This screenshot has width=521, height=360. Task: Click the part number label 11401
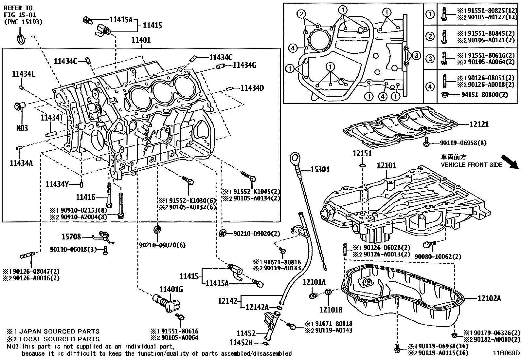[141, 40]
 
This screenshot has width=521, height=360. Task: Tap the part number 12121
[478, 124]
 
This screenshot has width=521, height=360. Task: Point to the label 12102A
[489, 298]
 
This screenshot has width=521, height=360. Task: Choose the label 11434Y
[57, 184]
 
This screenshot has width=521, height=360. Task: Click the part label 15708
[71, 237]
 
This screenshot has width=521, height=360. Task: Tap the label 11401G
[171, 289]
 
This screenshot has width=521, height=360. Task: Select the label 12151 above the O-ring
[362, 153]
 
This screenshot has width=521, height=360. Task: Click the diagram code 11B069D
[507, 353]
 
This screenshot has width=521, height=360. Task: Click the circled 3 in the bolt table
[430, 59]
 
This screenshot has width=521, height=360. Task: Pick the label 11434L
[23, 74]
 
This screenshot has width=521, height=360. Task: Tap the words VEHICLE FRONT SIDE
[471, 164]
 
